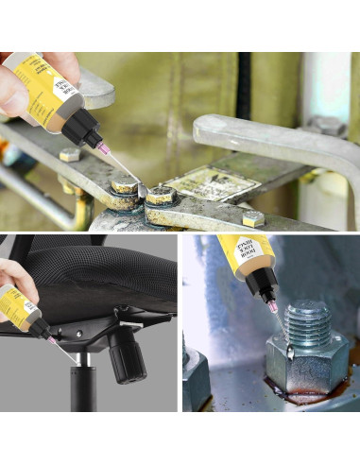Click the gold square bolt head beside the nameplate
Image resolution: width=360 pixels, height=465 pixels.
[252, 219]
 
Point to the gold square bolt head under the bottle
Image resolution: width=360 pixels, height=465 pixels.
[70, 154]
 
